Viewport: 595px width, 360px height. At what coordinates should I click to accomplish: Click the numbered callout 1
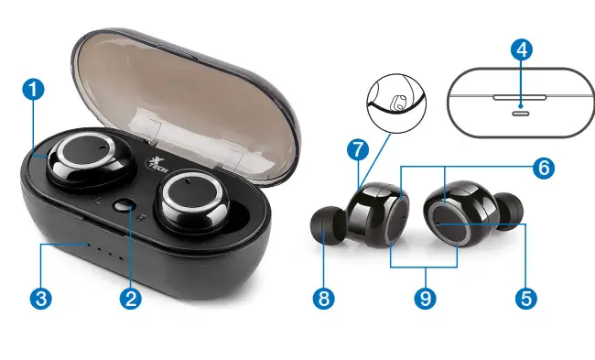[x=33, y=90]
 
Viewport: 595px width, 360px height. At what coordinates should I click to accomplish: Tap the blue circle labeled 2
[x=131, y=298]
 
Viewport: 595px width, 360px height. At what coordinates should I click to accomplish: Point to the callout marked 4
[x=521, y=52]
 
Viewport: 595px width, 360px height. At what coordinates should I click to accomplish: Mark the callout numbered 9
[x=423, y=298]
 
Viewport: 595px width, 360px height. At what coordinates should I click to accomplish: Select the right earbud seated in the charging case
[x=193, y=204]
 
